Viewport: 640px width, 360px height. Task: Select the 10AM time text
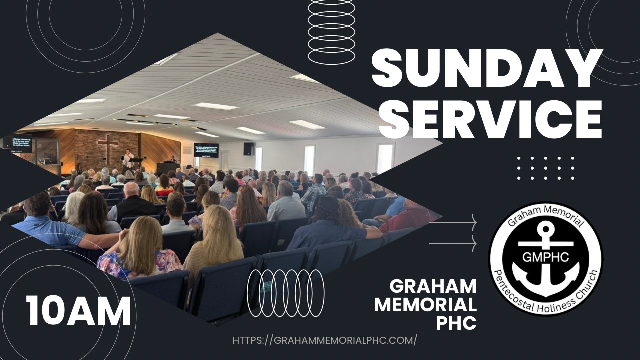[78, 310]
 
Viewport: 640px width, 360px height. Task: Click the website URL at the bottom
[325, 340]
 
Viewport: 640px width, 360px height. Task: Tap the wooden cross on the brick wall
[108, 148]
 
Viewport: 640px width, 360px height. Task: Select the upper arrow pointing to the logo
[452, 223]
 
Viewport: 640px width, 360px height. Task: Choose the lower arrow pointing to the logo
[452, 243]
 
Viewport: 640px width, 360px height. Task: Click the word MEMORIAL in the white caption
[425, 304]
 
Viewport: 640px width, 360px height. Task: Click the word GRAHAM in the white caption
[433, 286]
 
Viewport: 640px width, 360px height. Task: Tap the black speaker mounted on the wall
[248, 148]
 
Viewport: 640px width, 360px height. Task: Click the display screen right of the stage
[206, 150]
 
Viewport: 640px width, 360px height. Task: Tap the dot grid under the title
[545, 168]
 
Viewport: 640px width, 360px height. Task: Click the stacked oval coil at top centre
[331, 32]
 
